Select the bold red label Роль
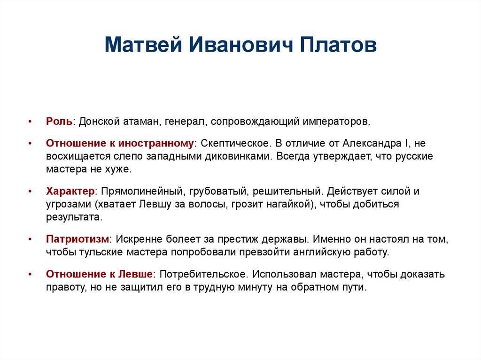tap(59, 122)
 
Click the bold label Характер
tap(70, 191)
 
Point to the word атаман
tap(139, 122)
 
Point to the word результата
tap(73, 217)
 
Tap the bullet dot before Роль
tap(31, 122)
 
